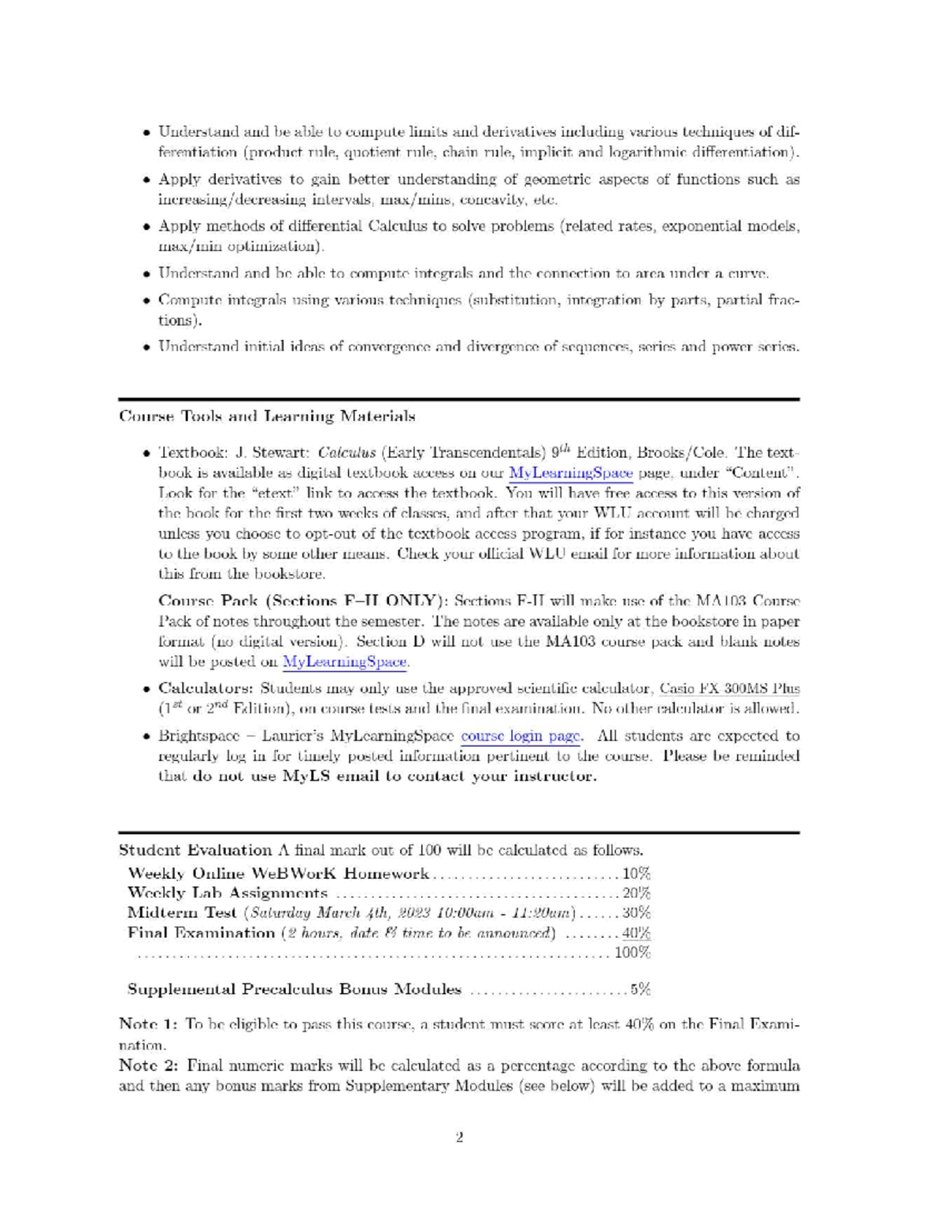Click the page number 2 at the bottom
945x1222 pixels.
[x=459, y=1137]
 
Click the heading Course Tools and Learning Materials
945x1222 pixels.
[x=267, y=415]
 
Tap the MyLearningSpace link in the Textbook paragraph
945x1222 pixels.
[x=571, y=473]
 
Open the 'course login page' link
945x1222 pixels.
[x=521, y=737]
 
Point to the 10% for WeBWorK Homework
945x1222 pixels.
[x=636, y=873]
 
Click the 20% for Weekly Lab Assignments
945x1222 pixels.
[x=636, y=893]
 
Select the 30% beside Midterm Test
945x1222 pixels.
[x=636, y=913]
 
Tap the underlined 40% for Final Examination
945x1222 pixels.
[x=636, y=933]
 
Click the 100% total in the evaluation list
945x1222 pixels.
[x=632, y=953]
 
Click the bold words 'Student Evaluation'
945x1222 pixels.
[x=195, y=850]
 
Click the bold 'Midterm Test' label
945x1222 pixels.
[x=182, y=913]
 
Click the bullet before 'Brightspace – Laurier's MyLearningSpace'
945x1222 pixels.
[x=146, y=737]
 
